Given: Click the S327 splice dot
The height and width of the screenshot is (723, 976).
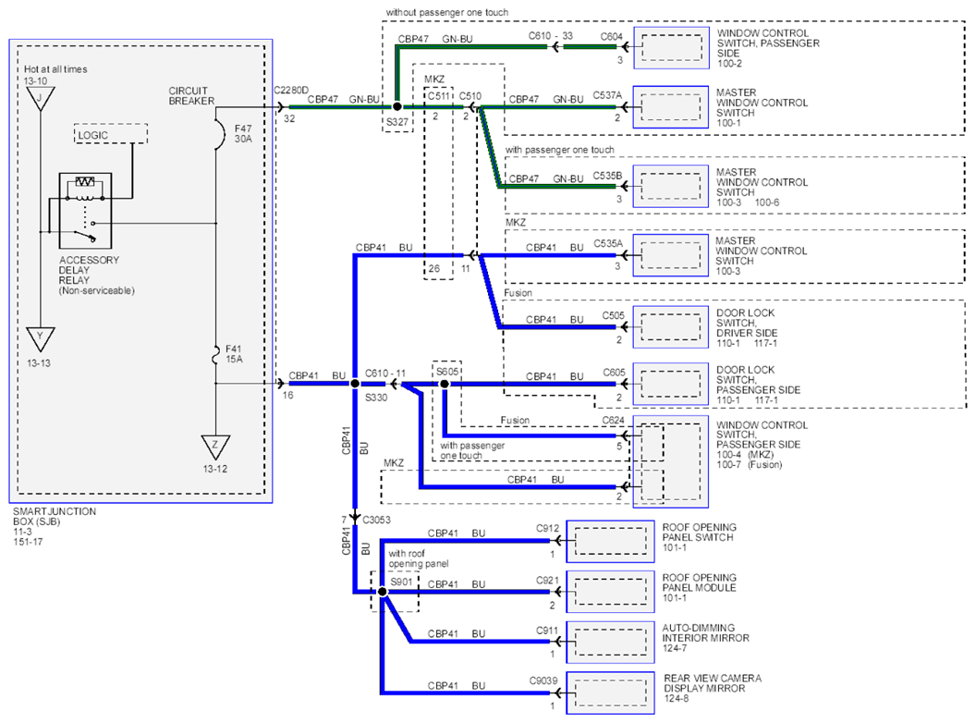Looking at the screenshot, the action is point(397,106).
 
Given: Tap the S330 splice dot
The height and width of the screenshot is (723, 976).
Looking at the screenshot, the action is point(355,384).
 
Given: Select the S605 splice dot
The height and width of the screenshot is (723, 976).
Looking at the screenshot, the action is point(445,385).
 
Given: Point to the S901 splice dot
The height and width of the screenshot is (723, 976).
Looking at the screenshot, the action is point(383,592).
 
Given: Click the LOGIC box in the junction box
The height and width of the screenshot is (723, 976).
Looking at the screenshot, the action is point(111,134).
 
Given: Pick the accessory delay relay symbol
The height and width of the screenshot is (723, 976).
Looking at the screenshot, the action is point(85,211).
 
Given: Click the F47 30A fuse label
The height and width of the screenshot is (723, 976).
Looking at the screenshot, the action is point(243,134).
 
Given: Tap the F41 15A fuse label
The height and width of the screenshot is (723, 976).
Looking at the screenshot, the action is point(234,354).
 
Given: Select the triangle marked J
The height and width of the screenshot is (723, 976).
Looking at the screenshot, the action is point(41,98).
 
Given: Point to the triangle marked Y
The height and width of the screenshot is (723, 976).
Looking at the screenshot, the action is point(41,338).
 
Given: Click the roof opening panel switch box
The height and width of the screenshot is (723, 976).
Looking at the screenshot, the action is point(610,542).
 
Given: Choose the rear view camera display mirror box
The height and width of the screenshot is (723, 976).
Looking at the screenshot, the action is point(610,693).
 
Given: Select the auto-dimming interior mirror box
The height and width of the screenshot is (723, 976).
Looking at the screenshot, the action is point(610,642).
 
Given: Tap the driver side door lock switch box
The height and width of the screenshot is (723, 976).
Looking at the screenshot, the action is point(670,327).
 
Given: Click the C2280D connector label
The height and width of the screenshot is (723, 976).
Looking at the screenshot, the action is point(291,91).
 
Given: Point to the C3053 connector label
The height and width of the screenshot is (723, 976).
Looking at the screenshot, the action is point(376,520).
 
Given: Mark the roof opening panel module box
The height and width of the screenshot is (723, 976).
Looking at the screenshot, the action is point(610,591).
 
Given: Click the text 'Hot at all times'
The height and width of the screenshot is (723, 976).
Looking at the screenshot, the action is point(55,69).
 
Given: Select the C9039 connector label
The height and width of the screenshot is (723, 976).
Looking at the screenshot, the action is point(543,680).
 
